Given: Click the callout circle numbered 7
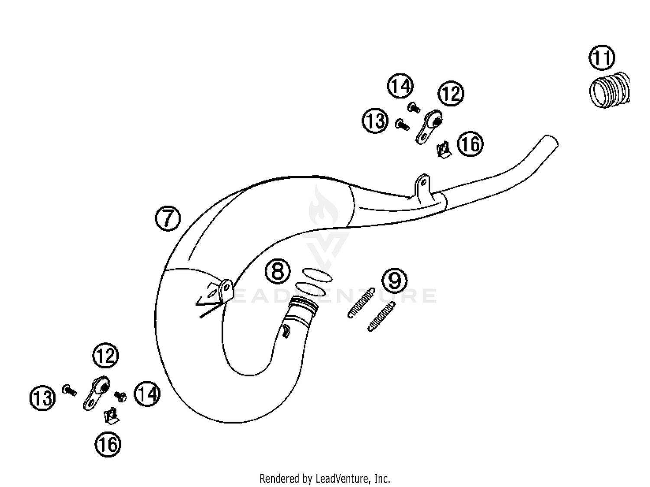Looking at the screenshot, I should [x=168, y=218].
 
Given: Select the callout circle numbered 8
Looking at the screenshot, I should [x=278, y=271].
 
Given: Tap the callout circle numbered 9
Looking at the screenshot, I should [x=395, y=280].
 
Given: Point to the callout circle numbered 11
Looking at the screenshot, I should [x=601, y=58].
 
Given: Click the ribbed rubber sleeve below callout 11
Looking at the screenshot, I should [x=610, y=90].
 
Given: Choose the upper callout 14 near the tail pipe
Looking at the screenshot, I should [x=400, y=86].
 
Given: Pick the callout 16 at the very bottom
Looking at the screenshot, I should [x=108, y=444].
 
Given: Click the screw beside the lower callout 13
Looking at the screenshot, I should [x=69, y=390].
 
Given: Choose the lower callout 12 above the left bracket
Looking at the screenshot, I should [x=105, y=356].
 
